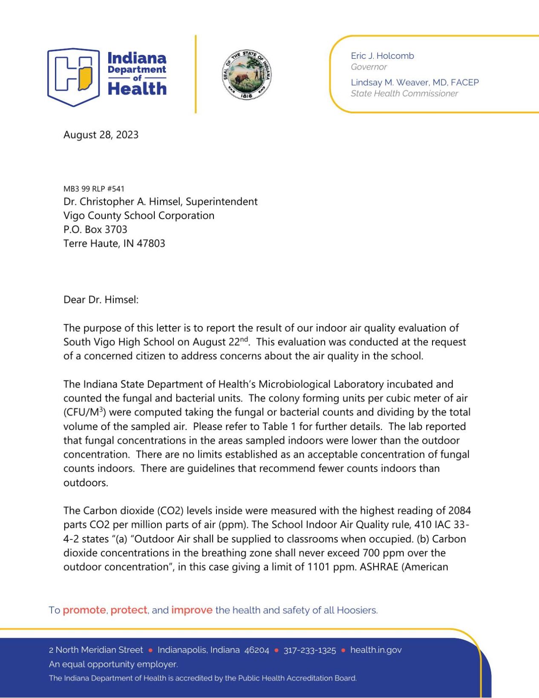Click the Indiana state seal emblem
tap(247, 75)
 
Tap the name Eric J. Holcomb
tap(382, 56)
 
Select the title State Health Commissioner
tap(404, 94)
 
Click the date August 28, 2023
tap(101, 135)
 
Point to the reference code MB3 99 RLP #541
tap(94, 189)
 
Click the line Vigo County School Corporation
tap(139, 216)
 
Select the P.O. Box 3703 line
tap(95, 230)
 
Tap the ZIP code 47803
tap(151, 244)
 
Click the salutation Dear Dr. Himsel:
tap(101, 300)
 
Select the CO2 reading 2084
tap(459, 511)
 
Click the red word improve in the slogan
tap(192, 610)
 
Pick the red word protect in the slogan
tap(129, 610)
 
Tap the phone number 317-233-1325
tap(310, 650)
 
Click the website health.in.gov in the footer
tap(376, 650)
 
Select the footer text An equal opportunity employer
tap(113, 664)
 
